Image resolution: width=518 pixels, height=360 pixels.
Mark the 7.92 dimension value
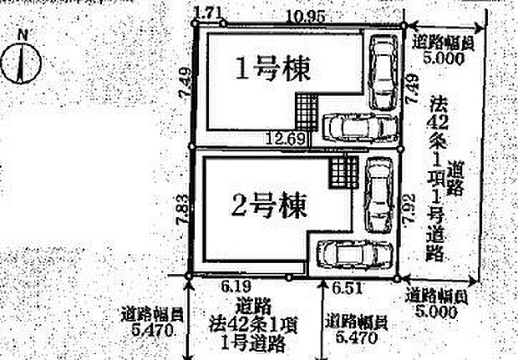[409, 206]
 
